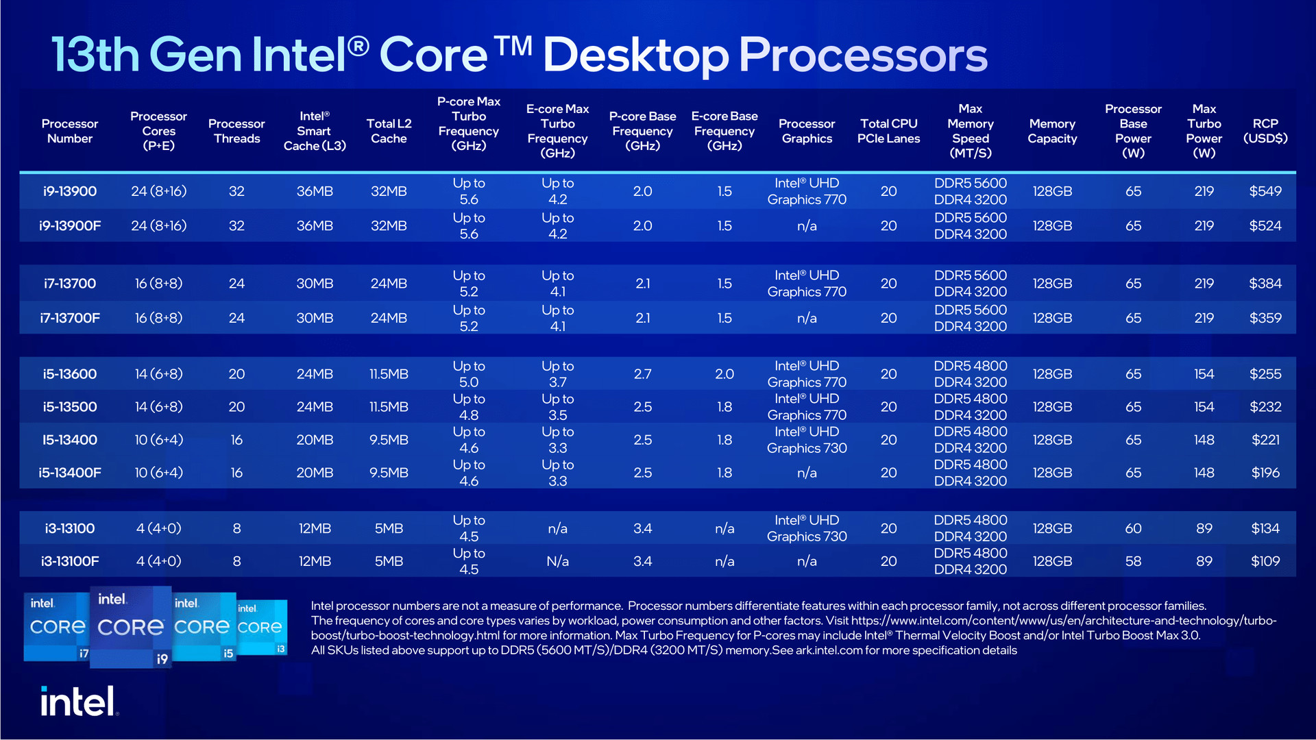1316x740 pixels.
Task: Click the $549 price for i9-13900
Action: click(1265, 191)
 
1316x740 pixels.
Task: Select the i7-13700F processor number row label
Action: click(70, 318)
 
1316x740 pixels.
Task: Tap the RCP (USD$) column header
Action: click(1265, 131)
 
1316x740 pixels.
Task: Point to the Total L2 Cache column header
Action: click(389, 131)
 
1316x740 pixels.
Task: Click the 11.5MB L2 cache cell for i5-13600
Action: click(389, 374)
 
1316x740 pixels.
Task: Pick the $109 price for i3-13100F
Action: click(1265, 561)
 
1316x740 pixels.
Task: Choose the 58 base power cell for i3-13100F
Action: click(1133, 561)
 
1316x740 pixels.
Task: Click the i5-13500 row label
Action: click(70, 407)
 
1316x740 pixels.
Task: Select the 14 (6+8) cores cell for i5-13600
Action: click(158, 374)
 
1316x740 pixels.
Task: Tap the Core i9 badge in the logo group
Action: click(131, 626)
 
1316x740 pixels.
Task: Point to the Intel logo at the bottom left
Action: click(79, 701)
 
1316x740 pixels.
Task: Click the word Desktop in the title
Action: click(635, 55)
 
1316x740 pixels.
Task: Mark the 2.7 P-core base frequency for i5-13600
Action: click(642, 374)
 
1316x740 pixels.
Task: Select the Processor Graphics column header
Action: click(807, 131)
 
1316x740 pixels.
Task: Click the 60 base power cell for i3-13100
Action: click(1133, 528)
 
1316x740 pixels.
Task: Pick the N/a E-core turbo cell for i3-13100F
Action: click(557, 561)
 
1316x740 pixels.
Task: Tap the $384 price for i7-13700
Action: click(1265, 284)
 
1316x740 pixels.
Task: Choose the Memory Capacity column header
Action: click(1052, 131)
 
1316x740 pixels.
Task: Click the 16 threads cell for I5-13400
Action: click(236, 440)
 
